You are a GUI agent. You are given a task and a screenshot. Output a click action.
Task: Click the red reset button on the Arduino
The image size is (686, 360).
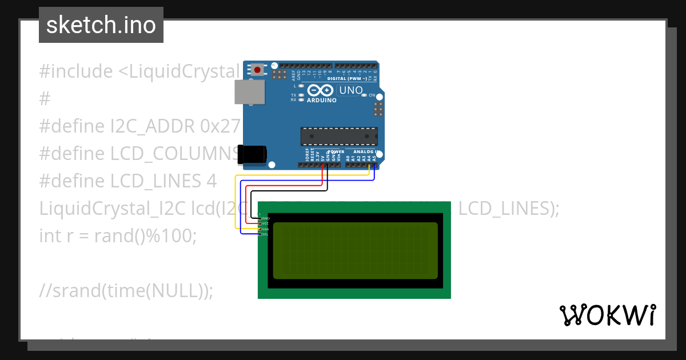pos(258,70)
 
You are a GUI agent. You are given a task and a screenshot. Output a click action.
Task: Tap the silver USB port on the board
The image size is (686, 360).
pos(250,92)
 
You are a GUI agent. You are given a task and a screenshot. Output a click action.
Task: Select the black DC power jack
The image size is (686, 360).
pos(252,155)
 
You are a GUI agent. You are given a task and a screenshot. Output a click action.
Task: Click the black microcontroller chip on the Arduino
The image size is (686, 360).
pos(339,137)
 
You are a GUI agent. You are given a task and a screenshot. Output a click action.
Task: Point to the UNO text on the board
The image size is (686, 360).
pos(351,90)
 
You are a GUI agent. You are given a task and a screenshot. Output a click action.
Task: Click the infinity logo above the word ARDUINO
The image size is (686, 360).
pos(320,90)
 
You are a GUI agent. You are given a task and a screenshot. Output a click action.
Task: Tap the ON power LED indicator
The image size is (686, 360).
pos(365,95)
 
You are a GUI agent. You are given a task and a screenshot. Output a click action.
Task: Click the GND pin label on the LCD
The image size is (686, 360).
pos(265,218)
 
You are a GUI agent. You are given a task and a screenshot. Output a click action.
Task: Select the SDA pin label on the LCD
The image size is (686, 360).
pos(265,229)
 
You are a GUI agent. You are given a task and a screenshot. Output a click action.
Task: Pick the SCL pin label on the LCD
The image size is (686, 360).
pos(265,234)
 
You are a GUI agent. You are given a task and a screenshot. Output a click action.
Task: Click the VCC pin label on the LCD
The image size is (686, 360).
pos(265,223)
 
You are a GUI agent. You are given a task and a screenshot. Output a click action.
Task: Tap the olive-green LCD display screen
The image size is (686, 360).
pos(355,250)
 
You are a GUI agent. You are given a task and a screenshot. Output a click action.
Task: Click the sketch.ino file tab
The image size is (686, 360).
pos(101,25)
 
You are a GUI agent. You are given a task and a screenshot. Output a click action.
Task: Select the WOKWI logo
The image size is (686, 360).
pos(608,315)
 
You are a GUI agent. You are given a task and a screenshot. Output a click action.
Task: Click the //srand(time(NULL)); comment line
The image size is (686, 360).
pos(126,290)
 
